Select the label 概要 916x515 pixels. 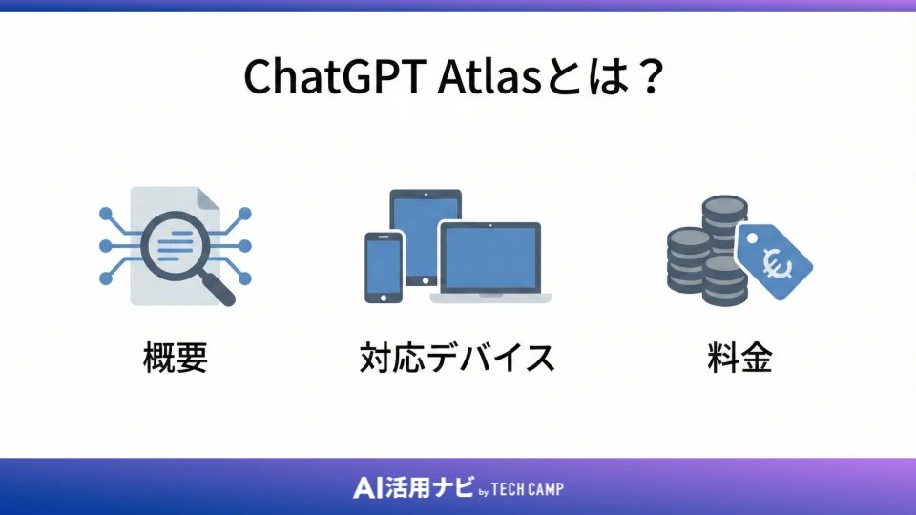[x=175, y=359]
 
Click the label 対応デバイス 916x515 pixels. [x=457, y=359]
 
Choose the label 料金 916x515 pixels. [x=739, y=359]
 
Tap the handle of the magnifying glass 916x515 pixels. [x=219, y=290]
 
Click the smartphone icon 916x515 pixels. [x=383, y=267]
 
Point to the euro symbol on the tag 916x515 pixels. [x=776, y=260]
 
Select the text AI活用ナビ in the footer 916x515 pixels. [x=412, y=488]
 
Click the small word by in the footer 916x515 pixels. [x=483, y=491]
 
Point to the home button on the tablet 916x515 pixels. [x=425, y=279]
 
